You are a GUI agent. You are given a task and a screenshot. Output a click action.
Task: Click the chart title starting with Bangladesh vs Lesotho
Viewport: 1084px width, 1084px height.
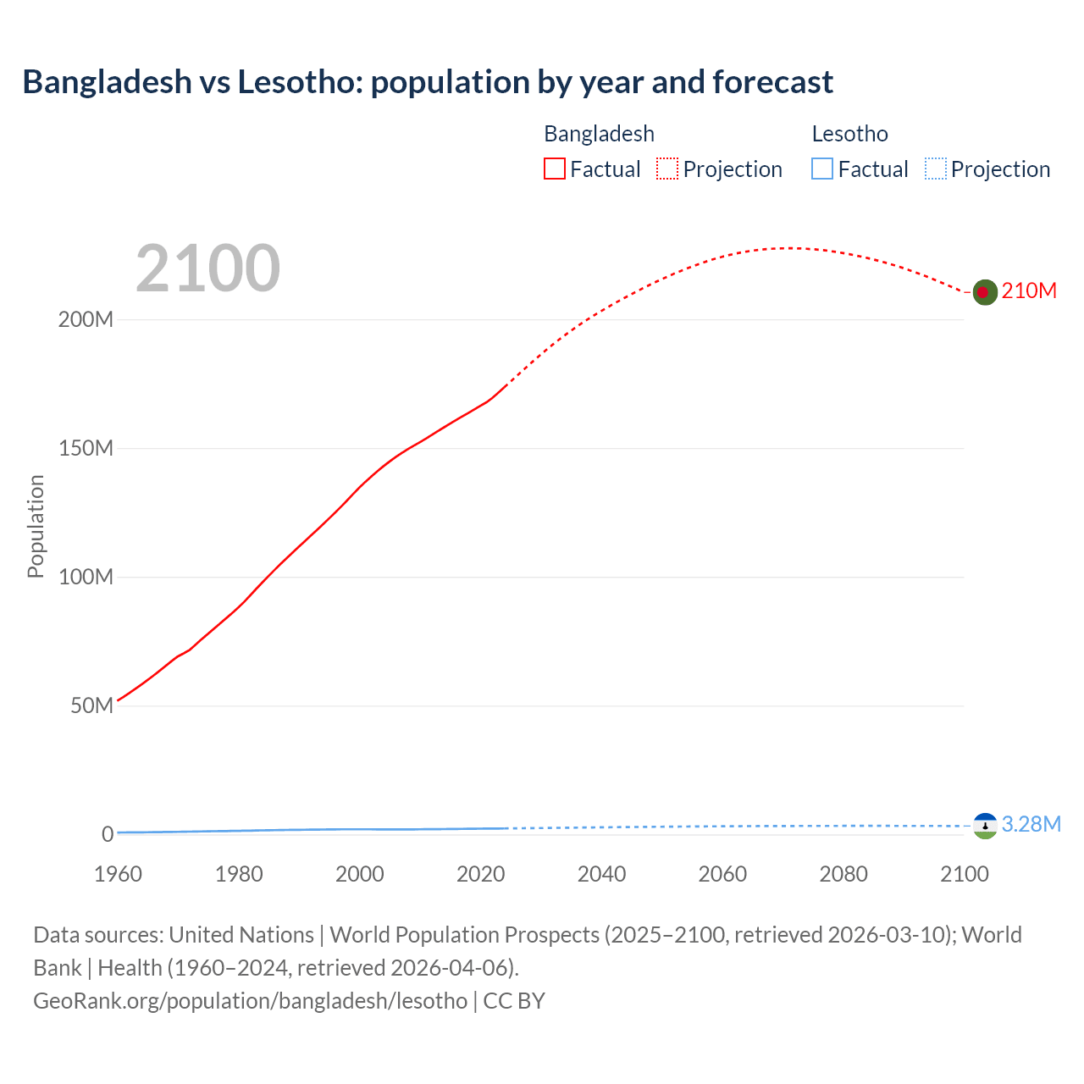point(428,82)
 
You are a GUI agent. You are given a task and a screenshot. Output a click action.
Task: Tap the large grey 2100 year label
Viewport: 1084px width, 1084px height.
point(207,268)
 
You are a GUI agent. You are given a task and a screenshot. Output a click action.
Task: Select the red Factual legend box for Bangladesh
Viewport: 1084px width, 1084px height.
point(555,169)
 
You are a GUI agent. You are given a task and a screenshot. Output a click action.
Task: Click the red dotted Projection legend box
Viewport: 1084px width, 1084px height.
point(667,169)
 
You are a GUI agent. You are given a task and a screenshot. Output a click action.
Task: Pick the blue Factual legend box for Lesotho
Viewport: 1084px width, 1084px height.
point(822,169)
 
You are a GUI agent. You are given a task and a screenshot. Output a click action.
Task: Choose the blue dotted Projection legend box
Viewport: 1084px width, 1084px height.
point(936,169)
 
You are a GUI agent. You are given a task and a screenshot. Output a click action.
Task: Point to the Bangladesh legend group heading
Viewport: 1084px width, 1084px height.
point(599,134)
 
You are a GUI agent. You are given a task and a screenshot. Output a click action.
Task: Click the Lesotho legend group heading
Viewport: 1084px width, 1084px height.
point(849,134)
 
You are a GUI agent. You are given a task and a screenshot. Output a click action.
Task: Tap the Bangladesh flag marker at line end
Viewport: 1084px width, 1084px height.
point(984,292)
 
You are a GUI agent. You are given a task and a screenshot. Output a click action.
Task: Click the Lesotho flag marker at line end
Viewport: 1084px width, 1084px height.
point(984,826)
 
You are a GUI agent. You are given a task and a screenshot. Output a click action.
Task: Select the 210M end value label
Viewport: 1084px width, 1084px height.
point(1029,291)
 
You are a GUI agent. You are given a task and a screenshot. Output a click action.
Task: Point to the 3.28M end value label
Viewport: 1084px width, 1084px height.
point(1031,825)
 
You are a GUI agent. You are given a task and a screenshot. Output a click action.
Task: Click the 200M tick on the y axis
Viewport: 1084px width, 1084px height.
point(86,320)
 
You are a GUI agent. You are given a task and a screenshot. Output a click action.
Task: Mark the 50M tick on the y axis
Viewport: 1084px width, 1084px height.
point(91,706)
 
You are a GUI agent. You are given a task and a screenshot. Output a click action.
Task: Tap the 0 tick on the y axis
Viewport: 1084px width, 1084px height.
point(108,834)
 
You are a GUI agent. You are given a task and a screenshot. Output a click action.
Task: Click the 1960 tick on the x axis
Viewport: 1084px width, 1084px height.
point(118,874)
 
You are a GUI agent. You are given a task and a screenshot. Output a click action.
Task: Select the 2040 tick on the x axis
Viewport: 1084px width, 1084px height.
point(601,874)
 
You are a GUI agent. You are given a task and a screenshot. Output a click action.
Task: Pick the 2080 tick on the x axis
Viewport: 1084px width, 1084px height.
point(843,874)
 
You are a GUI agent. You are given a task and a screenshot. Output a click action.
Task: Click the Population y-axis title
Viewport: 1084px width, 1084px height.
point(36,526)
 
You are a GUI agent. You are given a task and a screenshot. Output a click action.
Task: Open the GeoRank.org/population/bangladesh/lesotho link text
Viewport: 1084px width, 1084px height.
point(250,1001)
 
